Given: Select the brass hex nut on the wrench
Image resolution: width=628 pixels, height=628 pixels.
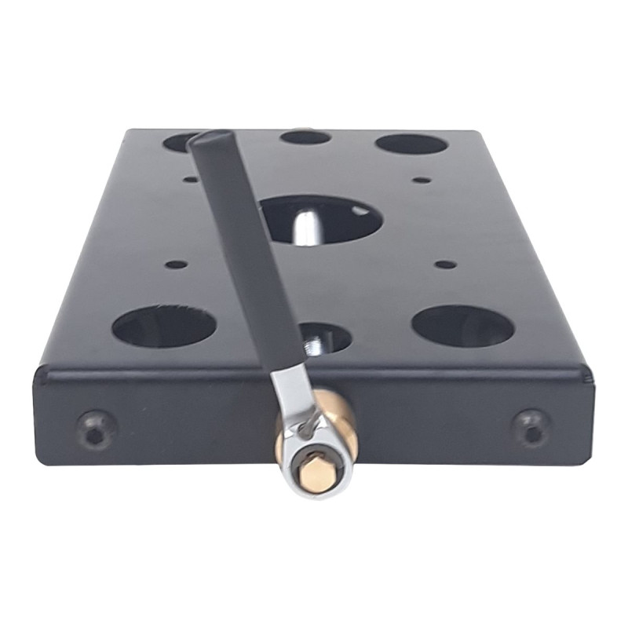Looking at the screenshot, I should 317,474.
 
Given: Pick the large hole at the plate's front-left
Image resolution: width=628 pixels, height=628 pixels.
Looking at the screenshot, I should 163,327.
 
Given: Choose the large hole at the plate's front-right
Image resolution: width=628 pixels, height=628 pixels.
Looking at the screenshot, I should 462,326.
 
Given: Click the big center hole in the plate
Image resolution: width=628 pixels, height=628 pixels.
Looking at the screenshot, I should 330,216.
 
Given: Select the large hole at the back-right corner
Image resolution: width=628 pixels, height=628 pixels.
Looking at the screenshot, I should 411,144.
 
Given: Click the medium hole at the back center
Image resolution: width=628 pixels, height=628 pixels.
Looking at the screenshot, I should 305,137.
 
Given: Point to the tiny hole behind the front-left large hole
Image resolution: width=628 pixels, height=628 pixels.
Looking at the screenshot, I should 177,265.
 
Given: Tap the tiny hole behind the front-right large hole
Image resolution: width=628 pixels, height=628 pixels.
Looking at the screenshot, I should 445,265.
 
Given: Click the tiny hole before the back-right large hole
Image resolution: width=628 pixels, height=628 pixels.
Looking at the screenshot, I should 422,180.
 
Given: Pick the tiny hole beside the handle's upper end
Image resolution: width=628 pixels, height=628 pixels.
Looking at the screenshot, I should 190,179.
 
